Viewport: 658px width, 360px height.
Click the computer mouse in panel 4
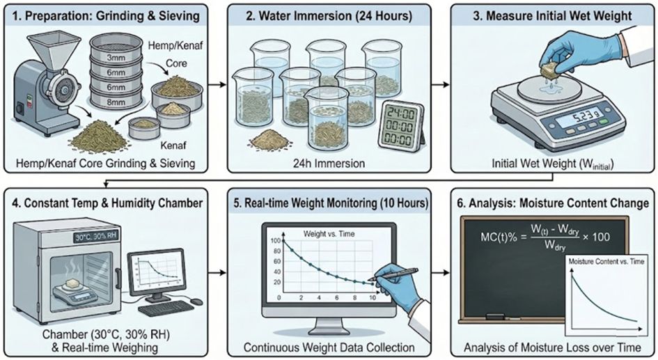pyautogui.click(x=196, y=302)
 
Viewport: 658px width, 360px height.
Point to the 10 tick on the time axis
pyautogui.click(x=373, y=298)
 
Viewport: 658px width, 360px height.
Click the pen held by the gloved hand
pyautogui.click(x=382, y=277)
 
